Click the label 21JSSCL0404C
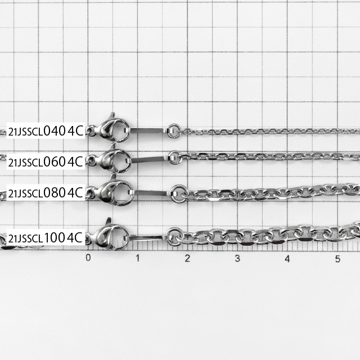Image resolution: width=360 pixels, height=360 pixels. point(46,131)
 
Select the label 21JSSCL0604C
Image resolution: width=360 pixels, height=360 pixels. point(46,162)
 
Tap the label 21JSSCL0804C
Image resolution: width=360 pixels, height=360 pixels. point(46,192)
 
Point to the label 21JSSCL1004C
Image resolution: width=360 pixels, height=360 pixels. point(46,237)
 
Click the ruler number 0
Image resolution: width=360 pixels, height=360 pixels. point(88,258)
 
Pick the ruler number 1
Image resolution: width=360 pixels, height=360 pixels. point(138,258)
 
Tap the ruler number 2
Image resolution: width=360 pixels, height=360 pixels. point(187,258)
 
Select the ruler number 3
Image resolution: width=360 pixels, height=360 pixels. point(237,259)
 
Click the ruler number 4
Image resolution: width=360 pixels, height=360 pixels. point(287,259)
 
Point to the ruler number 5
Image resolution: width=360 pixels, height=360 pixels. point(337,259)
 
